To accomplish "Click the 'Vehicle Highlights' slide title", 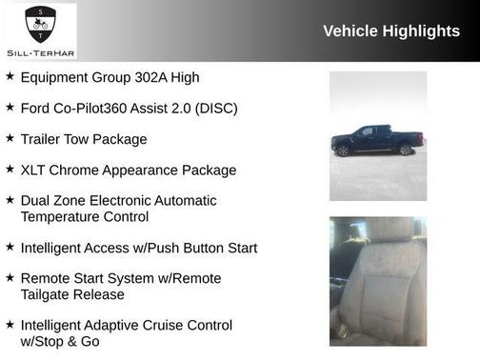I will (391, 31).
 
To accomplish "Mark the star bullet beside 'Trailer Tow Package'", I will (10, 138).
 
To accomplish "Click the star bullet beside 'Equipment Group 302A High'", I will (10, 76).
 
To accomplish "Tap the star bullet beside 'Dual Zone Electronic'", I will (10, 200).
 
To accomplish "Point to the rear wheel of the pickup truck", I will (406, 150).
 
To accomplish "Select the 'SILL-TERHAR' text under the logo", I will (39, 53).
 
